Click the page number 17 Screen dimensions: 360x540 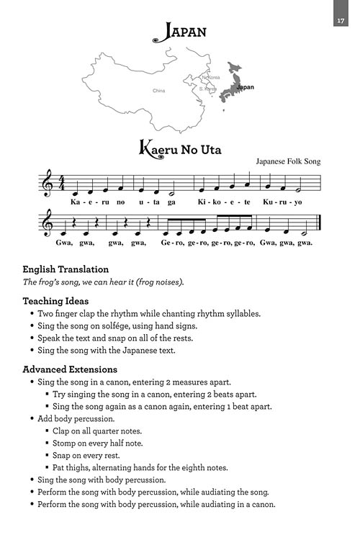(x=341, y=20)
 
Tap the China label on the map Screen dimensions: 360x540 (x=158, y=91)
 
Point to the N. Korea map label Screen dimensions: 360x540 (x=211, y=76)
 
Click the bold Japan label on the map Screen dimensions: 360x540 (x=246, y=87)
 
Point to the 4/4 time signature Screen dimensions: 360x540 (x=63, y=185)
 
